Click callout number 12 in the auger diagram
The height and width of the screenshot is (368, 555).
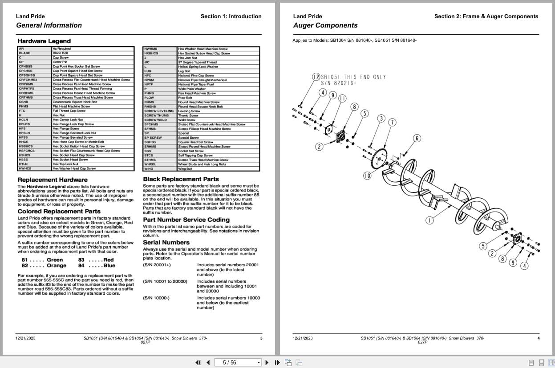point(316,77)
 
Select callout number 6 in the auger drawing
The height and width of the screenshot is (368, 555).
point(417,138)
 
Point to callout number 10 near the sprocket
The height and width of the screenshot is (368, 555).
point(367,176)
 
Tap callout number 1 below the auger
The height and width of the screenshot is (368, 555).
point(429,220)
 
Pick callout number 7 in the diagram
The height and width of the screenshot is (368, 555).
point(392,122)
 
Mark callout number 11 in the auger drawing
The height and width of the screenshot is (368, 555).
point(342,98)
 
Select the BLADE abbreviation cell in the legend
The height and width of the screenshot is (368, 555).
point(25,53)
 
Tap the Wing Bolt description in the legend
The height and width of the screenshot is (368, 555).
point(185,169)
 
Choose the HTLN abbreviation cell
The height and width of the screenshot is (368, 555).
point(24,164)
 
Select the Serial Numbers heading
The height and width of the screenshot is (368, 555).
point(166,243)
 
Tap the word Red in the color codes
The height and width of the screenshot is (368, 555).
point(109,260)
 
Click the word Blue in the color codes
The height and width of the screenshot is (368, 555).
point(109,266)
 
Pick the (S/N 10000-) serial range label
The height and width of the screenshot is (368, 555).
point(156,298)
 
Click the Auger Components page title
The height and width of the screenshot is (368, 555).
point(325,25)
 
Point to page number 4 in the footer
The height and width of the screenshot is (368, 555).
point(538,338)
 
